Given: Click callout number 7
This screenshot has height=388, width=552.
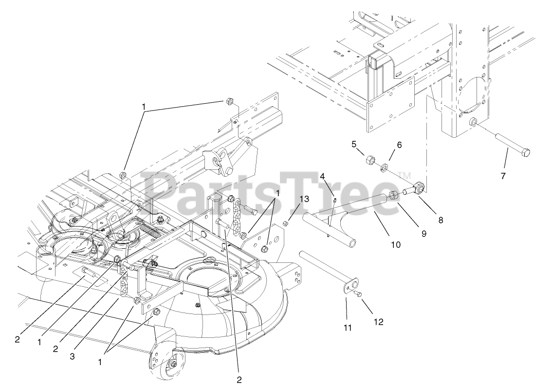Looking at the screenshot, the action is point(503,176).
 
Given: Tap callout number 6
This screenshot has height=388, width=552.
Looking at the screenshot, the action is point(399,145).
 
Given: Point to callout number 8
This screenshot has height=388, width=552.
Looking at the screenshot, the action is point(441,220).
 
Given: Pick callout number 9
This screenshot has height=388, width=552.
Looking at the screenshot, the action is point(424,233).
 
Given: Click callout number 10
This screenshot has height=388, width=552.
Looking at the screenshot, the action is point(395,244).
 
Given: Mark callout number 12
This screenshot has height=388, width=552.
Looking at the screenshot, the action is point(378,322).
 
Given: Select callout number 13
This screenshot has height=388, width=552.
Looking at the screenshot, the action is point(304,199).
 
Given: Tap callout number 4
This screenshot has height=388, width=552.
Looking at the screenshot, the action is point(322,176).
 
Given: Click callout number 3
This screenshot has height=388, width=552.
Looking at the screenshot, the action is point(72,356).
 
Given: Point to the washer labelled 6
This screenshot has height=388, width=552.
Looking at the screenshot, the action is point(384,168).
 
